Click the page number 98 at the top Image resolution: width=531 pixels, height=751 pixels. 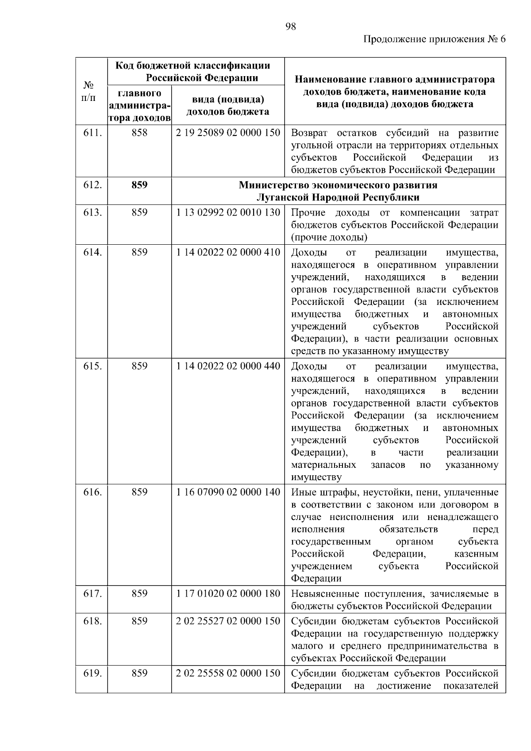[x=290, y=27]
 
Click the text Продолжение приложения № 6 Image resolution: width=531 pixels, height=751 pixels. [x=434, y=39]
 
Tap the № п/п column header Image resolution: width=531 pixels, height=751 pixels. [x=88, y=91]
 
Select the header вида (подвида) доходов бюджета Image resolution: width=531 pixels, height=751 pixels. [x=228, y=105]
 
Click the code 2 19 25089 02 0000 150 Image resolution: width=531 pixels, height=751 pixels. [x=228, y=133]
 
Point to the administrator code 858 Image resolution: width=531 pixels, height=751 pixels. [x=139, y=133]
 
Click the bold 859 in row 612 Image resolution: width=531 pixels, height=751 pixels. [x=139, y=185]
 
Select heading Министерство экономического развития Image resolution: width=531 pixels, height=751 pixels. [x=338, y=185]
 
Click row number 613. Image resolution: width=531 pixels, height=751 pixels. [x=92, y=212]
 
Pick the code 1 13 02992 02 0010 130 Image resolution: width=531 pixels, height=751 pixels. [x=228, y=212]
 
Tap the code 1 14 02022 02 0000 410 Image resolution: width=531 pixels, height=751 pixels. [x=228, y=252]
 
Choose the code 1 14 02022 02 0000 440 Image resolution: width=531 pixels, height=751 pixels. [x=228, y=366]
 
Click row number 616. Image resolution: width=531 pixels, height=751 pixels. [x=92, y=492]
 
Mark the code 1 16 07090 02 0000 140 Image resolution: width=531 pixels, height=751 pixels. [x=228, y=492]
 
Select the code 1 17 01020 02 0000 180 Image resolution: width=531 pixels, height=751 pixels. [x=228, y=593]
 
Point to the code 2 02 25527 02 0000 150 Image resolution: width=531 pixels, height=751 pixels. [x=228, y=621]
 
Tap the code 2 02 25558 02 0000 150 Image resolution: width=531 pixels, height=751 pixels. [x=228, y=673]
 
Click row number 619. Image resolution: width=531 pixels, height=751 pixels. [x=92, y=673]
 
